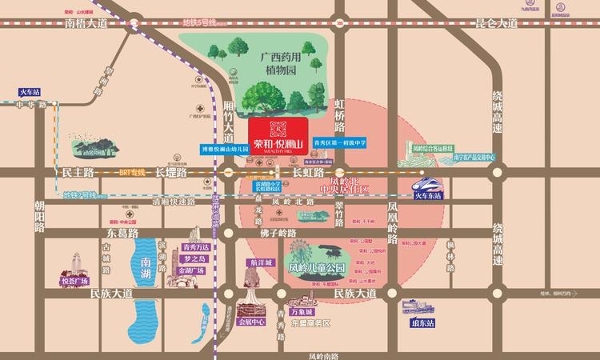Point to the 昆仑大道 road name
point(497,26)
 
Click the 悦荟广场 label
point(77,282)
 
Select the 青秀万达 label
point(195,247)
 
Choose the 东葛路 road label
point(123,232)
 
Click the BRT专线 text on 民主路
point(134,171)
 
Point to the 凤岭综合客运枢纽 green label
point(433,148)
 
